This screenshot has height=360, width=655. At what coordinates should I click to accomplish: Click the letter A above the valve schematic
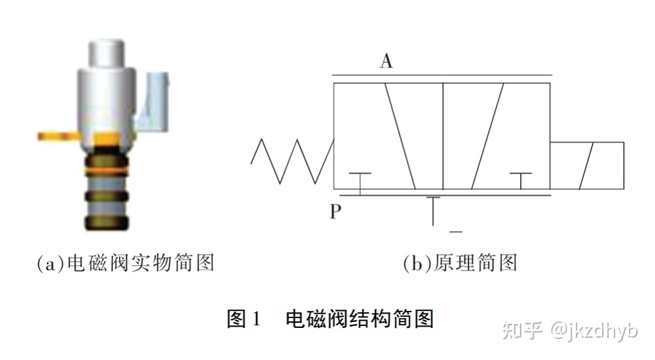point(386,62)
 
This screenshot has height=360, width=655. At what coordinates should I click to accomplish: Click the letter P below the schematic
point(335,212)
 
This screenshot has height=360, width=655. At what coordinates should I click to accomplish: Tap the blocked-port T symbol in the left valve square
point(360,180)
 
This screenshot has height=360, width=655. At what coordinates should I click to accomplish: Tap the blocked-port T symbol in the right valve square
point(521,180)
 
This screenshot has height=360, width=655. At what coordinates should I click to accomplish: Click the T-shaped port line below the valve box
point(433,209)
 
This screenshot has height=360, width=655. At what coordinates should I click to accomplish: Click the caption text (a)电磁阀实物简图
point(125,263)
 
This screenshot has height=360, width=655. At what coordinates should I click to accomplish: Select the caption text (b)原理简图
point(460,263)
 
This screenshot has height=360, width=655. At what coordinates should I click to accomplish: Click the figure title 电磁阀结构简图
point(360,319)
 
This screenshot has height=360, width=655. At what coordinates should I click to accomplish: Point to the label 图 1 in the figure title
point(244,319)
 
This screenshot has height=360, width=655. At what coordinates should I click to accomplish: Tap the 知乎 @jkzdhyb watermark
point(569,330)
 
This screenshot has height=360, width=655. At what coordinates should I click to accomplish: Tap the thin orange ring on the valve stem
point(105,170)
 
